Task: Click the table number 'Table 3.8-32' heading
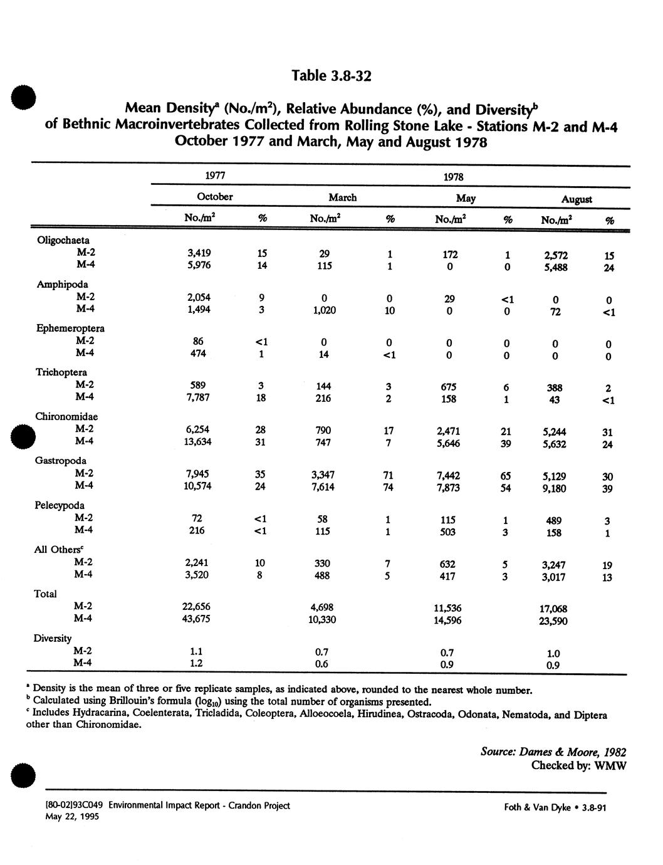pyautogui.click(x=331, y=76)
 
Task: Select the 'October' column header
pyautogui.click(x=215, y=197)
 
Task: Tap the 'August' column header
pyautogui.click(x=576, y=199)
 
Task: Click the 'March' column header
pyautogui.click(x=342, y=197)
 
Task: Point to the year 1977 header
pyautogui.click(x=214, y=176)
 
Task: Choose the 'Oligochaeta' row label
pyautogui.click(x=63, y=240)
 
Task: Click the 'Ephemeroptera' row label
pyautogui.click(x=70, y=328)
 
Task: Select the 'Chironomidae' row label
pyautogui.click(x=66, y=417)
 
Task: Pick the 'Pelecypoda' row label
pyautogui.click(x=60, y=505)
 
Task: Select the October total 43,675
pyautogui.click(x=196, y=619)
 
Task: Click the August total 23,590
pyautogui.click(x=553, y=622)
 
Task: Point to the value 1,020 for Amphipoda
pyautogui.click(x=323, y=309)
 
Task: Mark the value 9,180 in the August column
pyautogui.click(x=553, y=489)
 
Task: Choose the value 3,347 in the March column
pyautogui.click(x=324, y=474)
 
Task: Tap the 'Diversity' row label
pyautogui.click(x=53, y=638)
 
